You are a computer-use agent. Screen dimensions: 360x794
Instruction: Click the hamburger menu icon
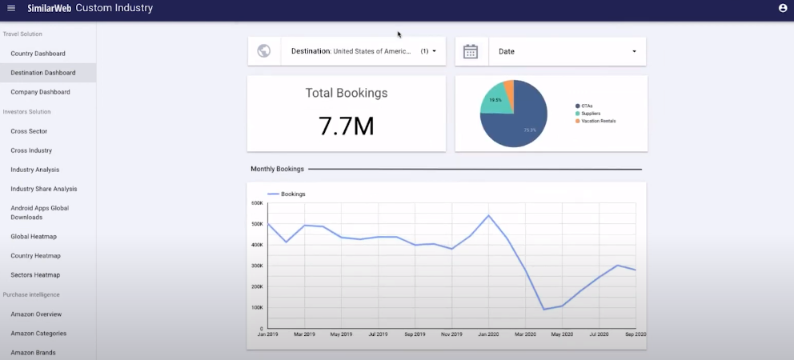pos(10,8)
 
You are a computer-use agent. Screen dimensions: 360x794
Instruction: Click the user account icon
pos(782,8)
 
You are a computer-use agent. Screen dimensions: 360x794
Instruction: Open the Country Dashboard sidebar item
pos(38,54)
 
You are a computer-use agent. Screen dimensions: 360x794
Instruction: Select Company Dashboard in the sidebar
pos(40,92)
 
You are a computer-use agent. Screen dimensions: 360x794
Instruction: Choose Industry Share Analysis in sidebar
pos(43,189)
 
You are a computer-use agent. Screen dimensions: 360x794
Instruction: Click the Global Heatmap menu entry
pos(34,237)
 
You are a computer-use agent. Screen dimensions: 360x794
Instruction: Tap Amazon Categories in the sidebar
pos(38,334)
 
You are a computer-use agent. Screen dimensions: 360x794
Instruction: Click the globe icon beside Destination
pos(264,51)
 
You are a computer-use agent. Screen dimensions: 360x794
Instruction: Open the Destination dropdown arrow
pos(434,51)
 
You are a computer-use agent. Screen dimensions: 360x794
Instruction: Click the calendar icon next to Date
pos(471,51)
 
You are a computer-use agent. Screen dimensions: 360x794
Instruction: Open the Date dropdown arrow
pos(634,51)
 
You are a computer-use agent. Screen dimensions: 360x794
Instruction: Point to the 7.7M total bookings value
pos(346,126)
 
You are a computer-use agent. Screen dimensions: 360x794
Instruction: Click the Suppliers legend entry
pos(591,114)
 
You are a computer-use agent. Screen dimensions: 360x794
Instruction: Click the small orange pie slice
pos(509,87)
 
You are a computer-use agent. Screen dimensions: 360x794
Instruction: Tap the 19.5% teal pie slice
pos(495,99)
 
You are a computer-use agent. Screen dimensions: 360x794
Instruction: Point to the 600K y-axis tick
pos(257,203)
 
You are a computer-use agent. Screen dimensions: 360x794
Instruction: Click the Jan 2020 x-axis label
pos(488,334)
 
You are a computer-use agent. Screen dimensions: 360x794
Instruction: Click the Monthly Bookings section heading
pos(277,170)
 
